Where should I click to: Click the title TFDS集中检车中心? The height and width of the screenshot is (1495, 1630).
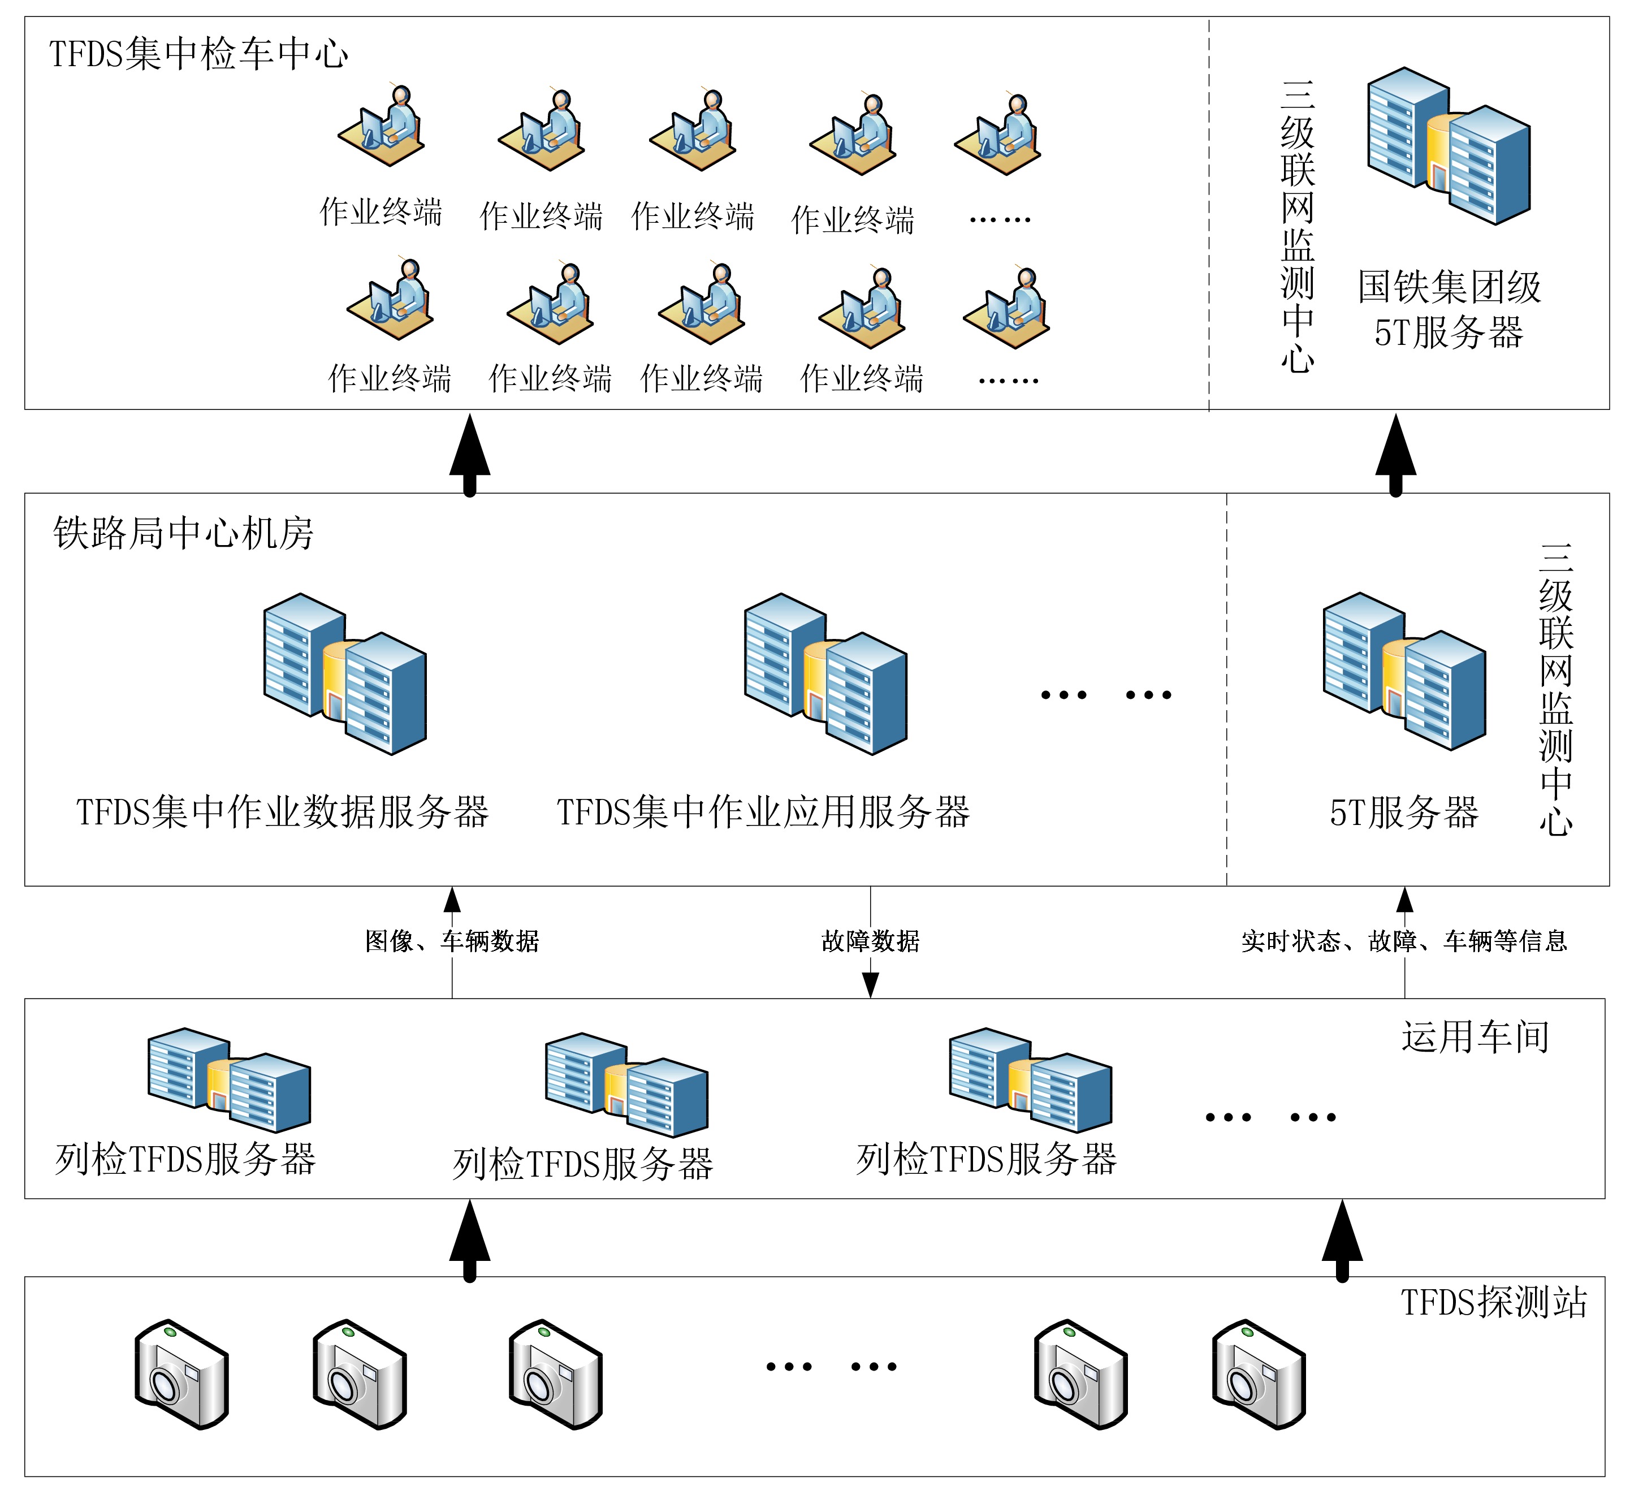(198, 54)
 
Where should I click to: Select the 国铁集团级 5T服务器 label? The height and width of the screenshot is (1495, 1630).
(1449, 309)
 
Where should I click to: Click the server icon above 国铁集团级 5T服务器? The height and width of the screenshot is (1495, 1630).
(1448, 146)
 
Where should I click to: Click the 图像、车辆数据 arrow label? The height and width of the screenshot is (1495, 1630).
(451, 941)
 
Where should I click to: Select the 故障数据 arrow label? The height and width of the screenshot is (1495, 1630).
(871, 941)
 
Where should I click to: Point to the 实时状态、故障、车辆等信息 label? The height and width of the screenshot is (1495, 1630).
(1404, 941)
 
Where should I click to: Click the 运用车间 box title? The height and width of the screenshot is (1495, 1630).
(1475, 1037)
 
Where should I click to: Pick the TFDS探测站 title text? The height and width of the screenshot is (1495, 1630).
(1493, 1302)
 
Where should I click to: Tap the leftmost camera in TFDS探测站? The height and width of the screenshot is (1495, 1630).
(181, 1375)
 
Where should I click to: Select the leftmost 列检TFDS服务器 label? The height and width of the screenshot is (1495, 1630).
(185, 1159)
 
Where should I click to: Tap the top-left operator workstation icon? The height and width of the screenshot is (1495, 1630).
(381, 128)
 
